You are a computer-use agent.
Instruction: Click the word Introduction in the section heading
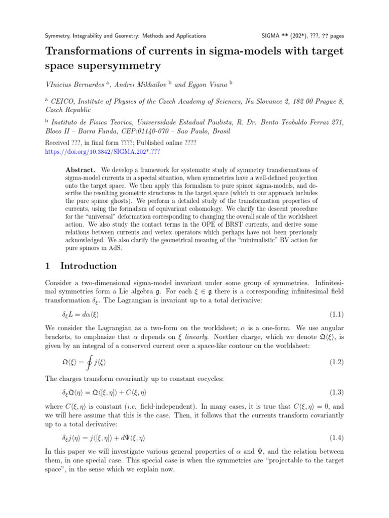pos(89,266)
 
